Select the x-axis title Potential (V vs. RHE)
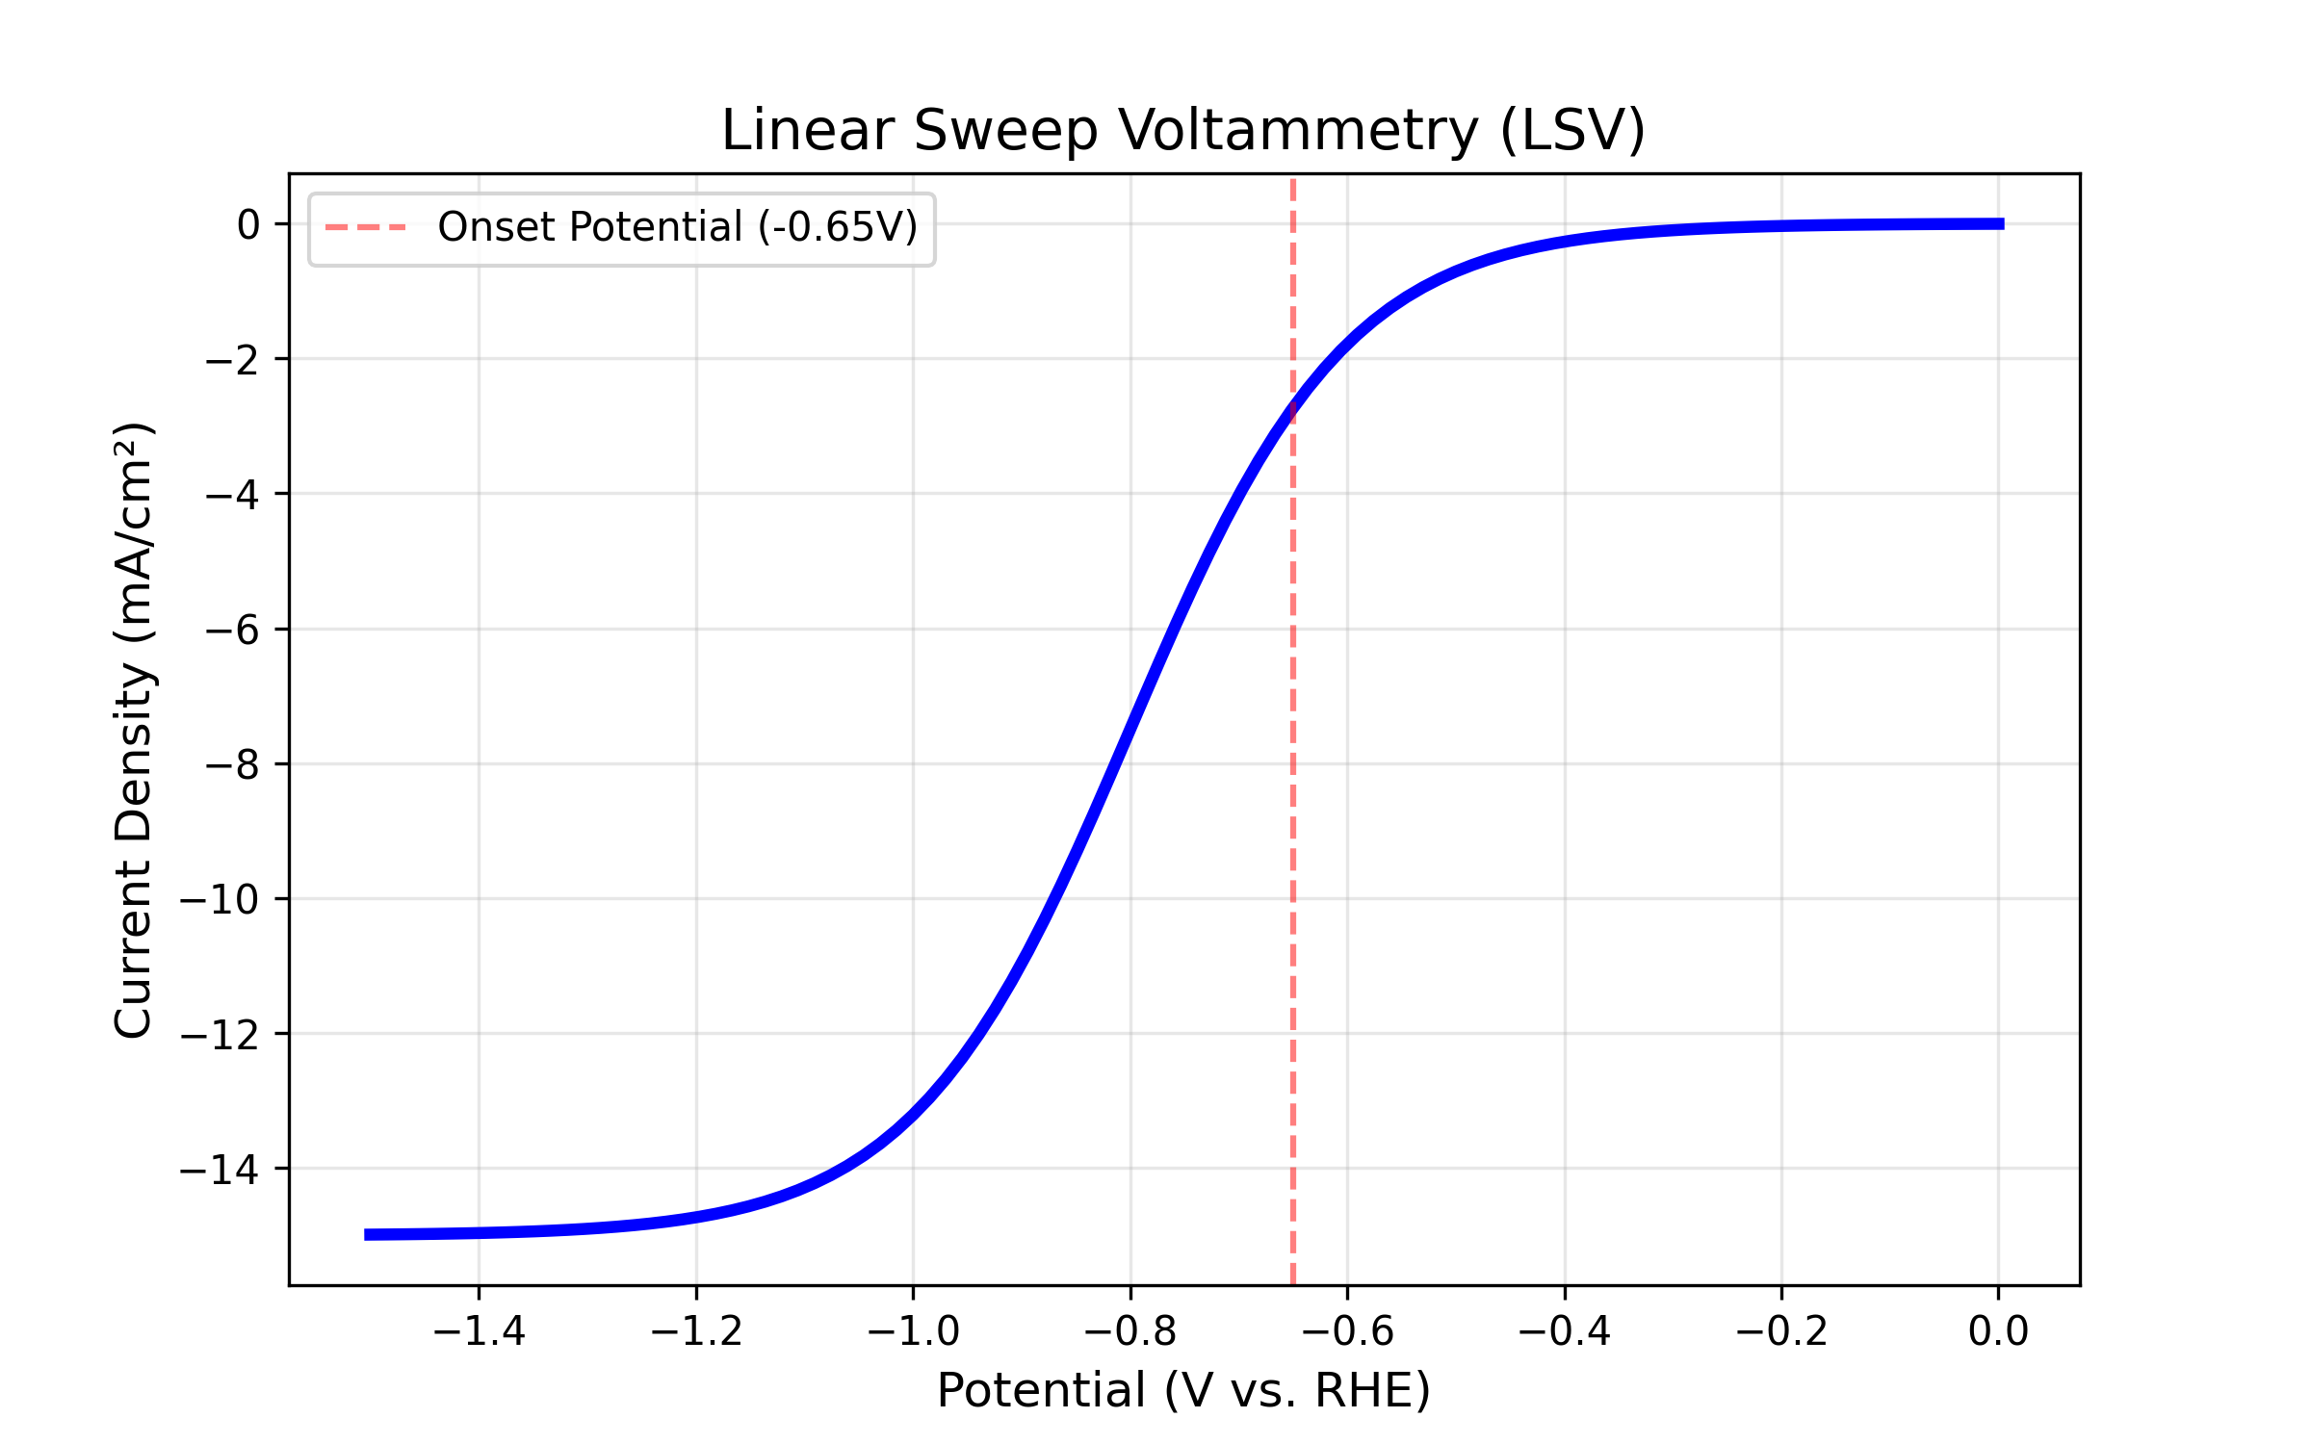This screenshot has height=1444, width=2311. [1183, 1390]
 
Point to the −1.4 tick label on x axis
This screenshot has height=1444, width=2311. [479, 1331]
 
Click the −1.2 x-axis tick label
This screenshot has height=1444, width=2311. [696, 1331]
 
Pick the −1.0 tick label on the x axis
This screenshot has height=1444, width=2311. [913, 1331]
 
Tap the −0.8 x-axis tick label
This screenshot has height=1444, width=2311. [1130, 1331]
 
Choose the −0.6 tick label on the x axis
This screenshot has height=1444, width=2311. [1347, 1331]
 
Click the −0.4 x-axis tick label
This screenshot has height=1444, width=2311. [1565, 1331]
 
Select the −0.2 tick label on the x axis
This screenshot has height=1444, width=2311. [1781, 1331]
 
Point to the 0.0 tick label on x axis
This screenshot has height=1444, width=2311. [1998, 1331]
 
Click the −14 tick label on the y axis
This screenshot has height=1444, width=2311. [220, 1170]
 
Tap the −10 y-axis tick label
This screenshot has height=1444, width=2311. [220, 899]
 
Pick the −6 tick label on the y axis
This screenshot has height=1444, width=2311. [232, 630]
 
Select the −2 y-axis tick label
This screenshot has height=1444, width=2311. [232, 360]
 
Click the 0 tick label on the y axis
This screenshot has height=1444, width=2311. [248, 225]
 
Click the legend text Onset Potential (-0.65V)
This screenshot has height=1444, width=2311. [678, 227]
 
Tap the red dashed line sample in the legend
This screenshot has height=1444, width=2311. [366, 228]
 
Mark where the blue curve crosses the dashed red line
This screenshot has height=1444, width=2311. [1292, 412]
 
